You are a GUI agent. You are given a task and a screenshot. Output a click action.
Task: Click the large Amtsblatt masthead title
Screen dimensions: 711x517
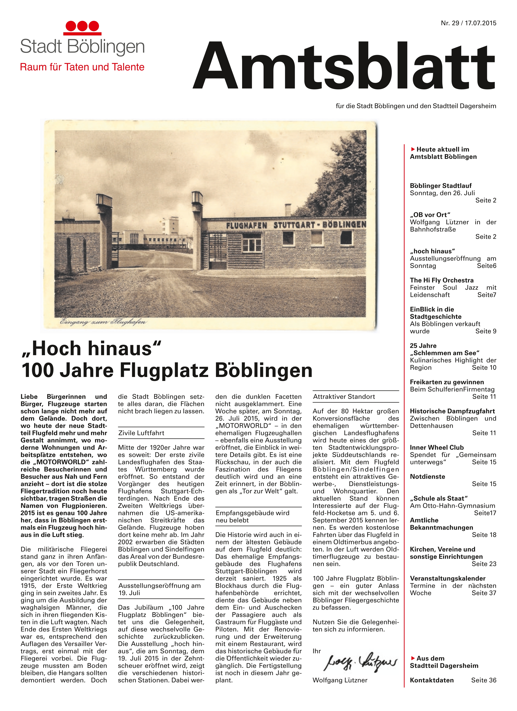(344, 66)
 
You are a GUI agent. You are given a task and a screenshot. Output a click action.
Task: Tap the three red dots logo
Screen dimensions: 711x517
(82, 26)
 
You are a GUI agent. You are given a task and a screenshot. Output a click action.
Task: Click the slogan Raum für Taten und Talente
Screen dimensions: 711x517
(82, 67)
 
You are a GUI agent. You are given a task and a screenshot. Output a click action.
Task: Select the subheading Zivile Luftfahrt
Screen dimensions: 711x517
(141, 433)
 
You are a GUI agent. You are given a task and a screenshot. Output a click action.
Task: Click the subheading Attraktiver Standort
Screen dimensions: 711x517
(344, 397)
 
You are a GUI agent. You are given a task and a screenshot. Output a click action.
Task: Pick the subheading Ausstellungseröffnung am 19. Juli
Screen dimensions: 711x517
(159, 589)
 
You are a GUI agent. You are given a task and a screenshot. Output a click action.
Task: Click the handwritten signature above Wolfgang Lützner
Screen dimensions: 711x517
(360, 663)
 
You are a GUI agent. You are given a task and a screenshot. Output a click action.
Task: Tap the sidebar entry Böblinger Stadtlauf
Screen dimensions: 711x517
(441, 186)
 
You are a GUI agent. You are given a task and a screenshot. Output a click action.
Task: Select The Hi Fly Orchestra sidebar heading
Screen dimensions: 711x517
(441, 280)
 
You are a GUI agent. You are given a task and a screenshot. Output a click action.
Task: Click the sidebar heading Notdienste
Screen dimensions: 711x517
(427, 476)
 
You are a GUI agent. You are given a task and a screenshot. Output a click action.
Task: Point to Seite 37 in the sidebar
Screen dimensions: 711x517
(484, 593)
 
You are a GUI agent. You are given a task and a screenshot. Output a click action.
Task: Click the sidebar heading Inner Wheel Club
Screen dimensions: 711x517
(436, 447)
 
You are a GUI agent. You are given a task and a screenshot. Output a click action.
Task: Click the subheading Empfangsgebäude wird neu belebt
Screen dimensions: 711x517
(253, 516)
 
